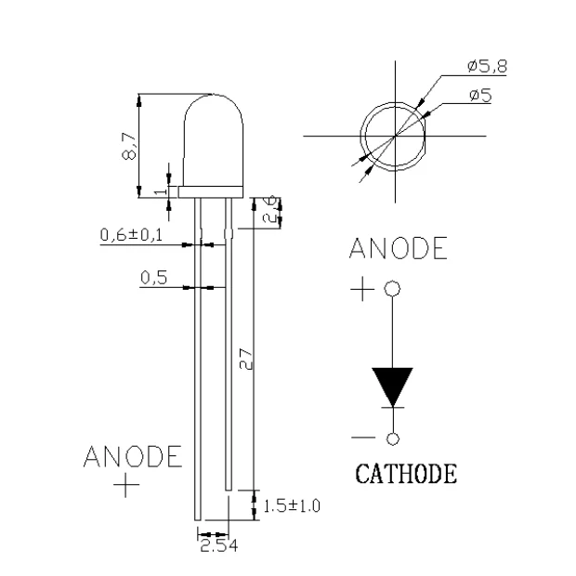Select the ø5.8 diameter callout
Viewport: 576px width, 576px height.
487,66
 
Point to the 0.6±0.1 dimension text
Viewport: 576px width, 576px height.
131,236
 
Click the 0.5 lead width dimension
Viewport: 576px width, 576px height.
154,277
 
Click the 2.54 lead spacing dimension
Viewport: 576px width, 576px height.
218,547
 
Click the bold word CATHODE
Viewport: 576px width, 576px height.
406,474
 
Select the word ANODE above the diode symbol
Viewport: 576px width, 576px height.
398,249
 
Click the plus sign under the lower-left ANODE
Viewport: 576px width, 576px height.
126,486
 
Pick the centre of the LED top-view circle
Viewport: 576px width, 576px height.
395,137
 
